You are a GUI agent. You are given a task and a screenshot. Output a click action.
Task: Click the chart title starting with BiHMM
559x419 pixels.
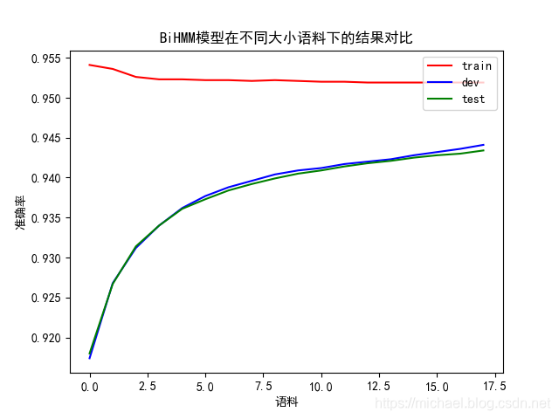pos(286,38)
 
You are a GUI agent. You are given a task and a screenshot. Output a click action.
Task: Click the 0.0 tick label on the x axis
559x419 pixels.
pos(90,385)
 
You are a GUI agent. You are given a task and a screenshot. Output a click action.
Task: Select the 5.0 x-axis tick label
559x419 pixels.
pos(205,385)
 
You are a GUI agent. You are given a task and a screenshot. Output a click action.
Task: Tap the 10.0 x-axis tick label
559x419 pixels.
pos(321,385)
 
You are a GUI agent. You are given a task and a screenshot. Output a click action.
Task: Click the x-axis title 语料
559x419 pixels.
pos(286,402)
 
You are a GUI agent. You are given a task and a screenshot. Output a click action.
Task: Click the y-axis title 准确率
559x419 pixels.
pos(20,212)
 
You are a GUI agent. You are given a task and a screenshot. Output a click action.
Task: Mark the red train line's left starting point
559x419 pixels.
pos(90,65)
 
